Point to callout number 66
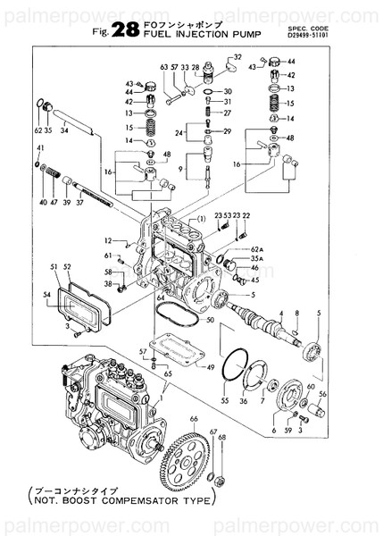point(193,418)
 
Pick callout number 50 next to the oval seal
point(210,319)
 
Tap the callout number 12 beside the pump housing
point(105,240)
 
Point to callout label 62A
point(257,247)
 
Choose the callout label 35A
point(257,258)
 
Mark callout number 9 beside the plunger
point(181,167)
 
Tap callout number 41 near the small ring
point(40,147)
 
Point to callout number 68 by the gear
point(222,438)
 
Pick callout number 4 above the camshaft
point(281,314)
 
